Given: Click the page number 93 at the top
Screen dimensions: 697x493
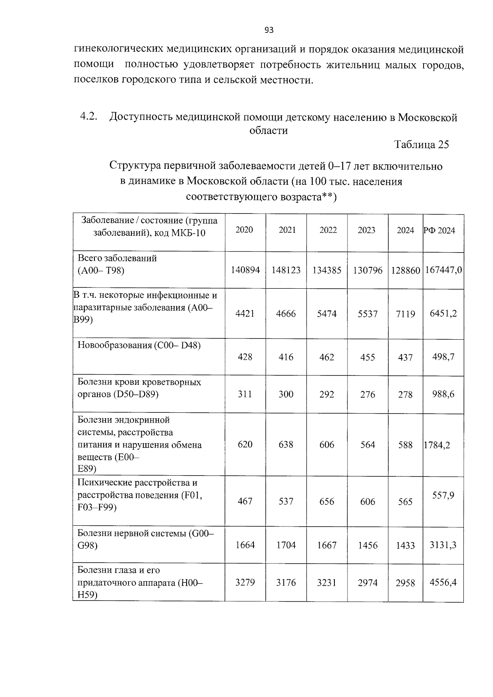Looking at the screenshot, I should [x=269, y=30].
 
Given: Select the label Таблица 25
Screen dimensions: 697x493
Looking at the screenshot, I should [x=421, y=145].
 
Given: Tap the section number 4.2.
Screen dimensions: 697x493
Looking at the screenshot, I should [x=88, y=117].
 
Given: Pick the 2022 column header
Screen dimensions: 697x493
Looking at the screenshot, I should [x=328, y=230].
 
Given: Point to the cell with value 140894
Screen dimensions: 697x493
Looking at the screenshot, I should [x=245, y=270].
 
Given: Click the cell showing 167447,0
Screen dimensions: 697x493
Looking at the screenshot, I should [x=443, y=270].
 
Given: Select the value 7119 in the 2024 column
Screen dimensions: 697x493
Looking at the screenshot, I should [x=405, y=314].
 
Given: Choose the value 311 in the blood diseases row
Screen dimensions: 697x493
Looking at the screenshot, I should [x=245, y=394].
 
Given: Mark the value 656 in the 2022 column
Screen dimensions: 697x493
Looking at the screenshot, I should [x=327, y=501].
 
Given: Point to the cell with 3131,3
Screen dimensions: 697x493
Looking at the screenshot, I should [x=443, y=545].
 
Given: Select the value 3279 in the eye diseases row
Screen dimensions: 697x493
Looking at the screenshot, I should [x=245, y=582].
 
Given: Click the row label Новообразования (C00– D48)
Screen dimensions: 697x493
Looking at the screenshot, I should [x=139, y=345].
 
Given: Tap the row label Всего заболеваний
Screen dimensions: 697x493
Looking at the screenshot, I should [x=117, y=258].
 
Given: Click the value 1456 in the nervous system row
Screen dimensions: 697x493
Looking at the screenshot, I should [x=367, y=545].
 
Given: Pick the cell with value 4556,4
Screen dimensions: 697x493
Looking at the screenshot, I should [x=443, y=582].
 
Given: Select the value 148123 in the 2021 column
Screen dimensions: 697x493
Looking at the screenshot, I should [x=286, y=270].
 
